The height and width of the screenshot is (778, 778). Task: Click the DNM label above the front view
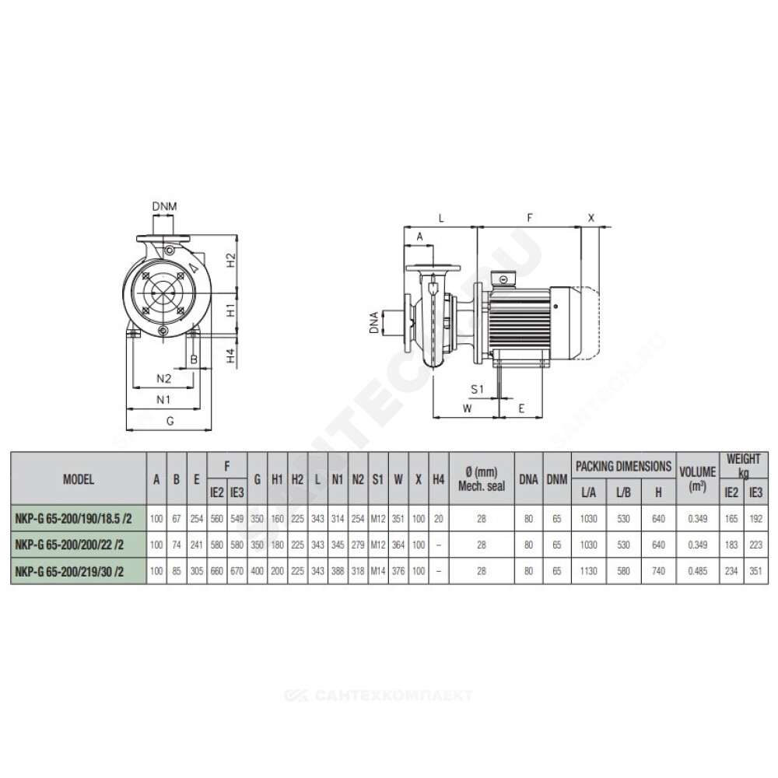[164, 206]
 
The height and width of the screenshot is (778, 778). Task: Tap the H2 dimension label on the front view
[231, 260]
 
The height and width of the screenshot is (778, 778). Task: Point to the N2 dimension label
[163, 379]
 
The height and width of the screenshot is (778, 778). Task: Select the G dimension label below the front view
[170, 421]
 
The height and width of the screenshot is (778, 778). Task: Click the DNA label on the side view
[374, 322]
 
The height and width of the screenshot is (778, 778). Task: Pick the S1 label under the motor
[477, 389]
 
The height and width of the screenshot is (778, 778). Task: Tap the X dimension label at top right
[591, 217]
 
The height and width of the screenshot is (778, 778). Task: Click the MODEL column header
[79, 479]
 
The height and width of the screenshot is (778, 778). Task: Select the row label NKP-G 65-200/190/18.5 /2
[73, 519]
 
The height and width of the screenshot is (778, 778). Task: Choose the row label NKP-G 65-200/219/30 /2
[69, 572]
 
